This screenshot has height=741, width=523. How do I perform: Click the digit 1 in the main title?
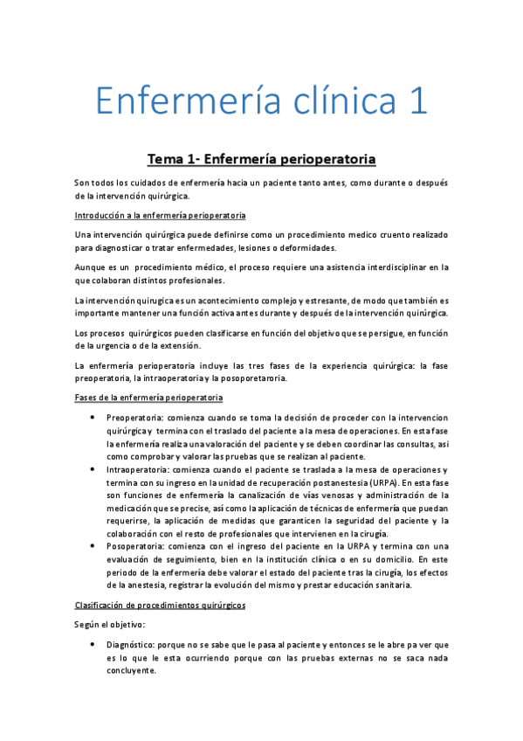tap(417, 100)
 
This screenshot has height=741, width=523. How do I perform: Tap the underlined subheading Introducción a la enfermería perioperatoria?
tap(160, 215)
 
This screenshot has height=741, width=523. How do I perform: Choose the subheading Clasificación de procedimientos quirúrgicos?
tap(160, 605)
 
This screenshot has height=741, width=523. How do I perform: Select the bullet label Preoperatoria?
tap(134, 418)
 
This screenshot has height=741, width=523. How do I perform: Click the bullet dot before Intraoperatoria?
tap(93, 469)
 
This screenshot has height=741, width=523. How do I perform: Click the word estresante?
tap(300, 300)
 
